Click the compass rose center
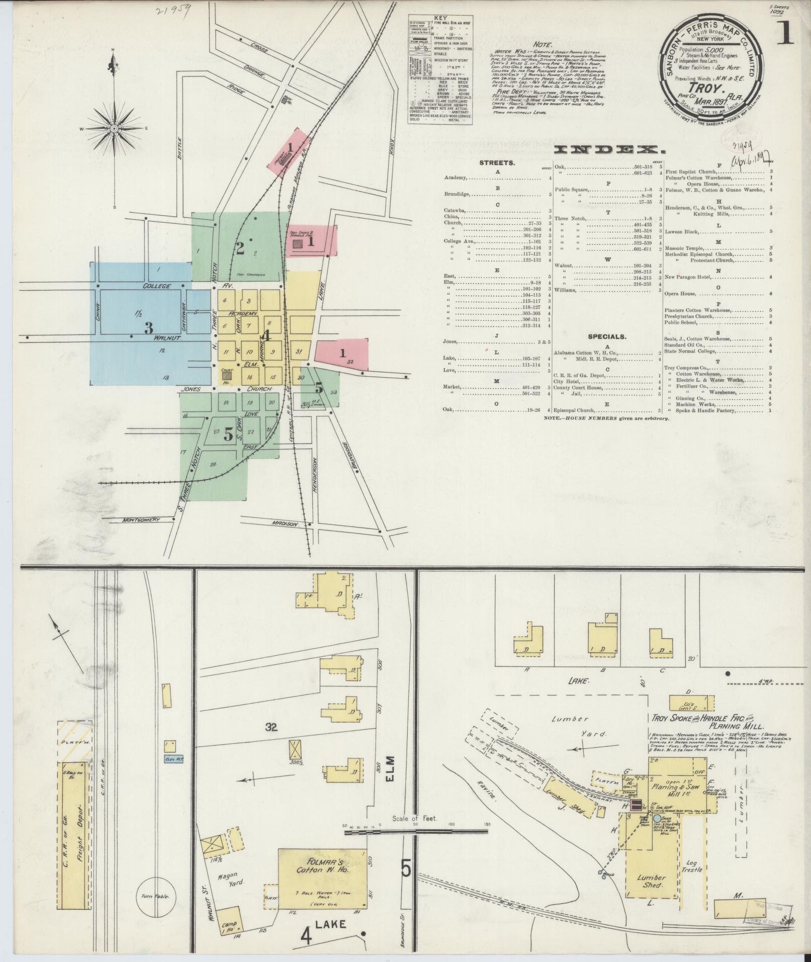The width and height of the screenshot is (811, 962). (x=114, y=129)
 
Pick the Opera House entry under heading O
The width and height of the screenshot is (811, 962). (x=680, y=294)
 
